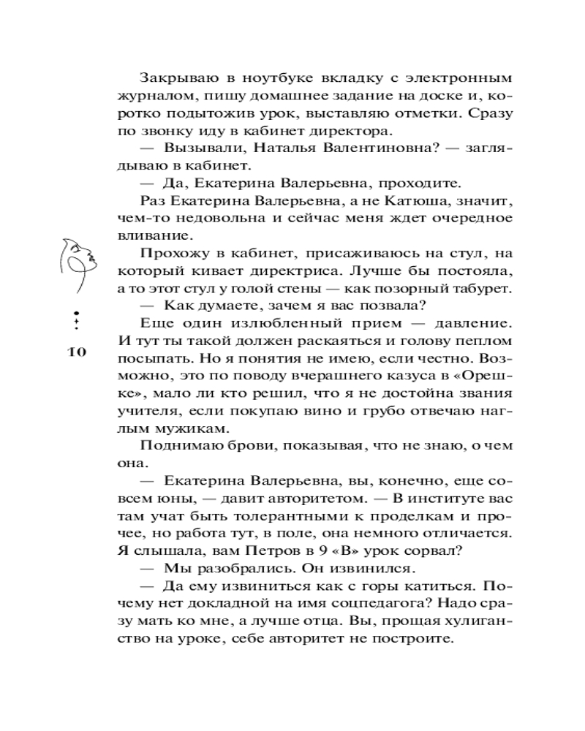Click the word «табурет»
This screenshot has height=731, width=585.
pyautogui.click(x=472, y=289)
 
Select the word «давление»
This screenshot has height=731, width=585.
pyautogui.click(x=471, y=324)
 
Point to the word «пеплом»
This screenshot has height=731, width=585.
pyautogui.click(x=486, y=341)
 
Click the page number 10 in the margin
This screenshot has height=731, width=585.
pyautogui.click(x=77, y=353)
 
